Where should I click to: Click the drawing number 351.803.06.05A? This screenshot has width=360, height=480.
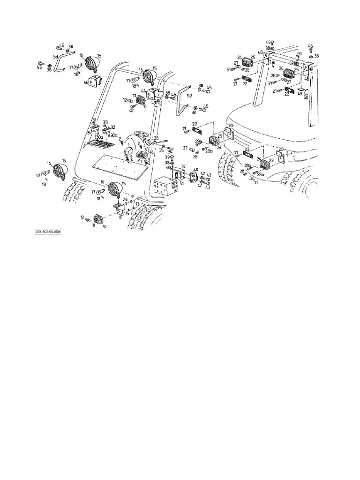[x=49, y=232]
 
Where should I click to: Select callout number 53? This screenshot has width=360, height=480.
[x=55, y=56]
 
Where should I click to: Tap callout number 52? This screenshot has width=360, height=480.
[x=189, y=95]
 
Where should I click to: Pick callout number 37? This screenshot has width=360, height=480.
[x=183, y=166]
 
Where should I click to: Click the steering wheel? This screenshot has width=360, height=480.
[x=140, y=135]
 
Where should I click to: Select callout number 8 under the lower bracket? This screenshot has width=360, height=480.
[x=120, y=217]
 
